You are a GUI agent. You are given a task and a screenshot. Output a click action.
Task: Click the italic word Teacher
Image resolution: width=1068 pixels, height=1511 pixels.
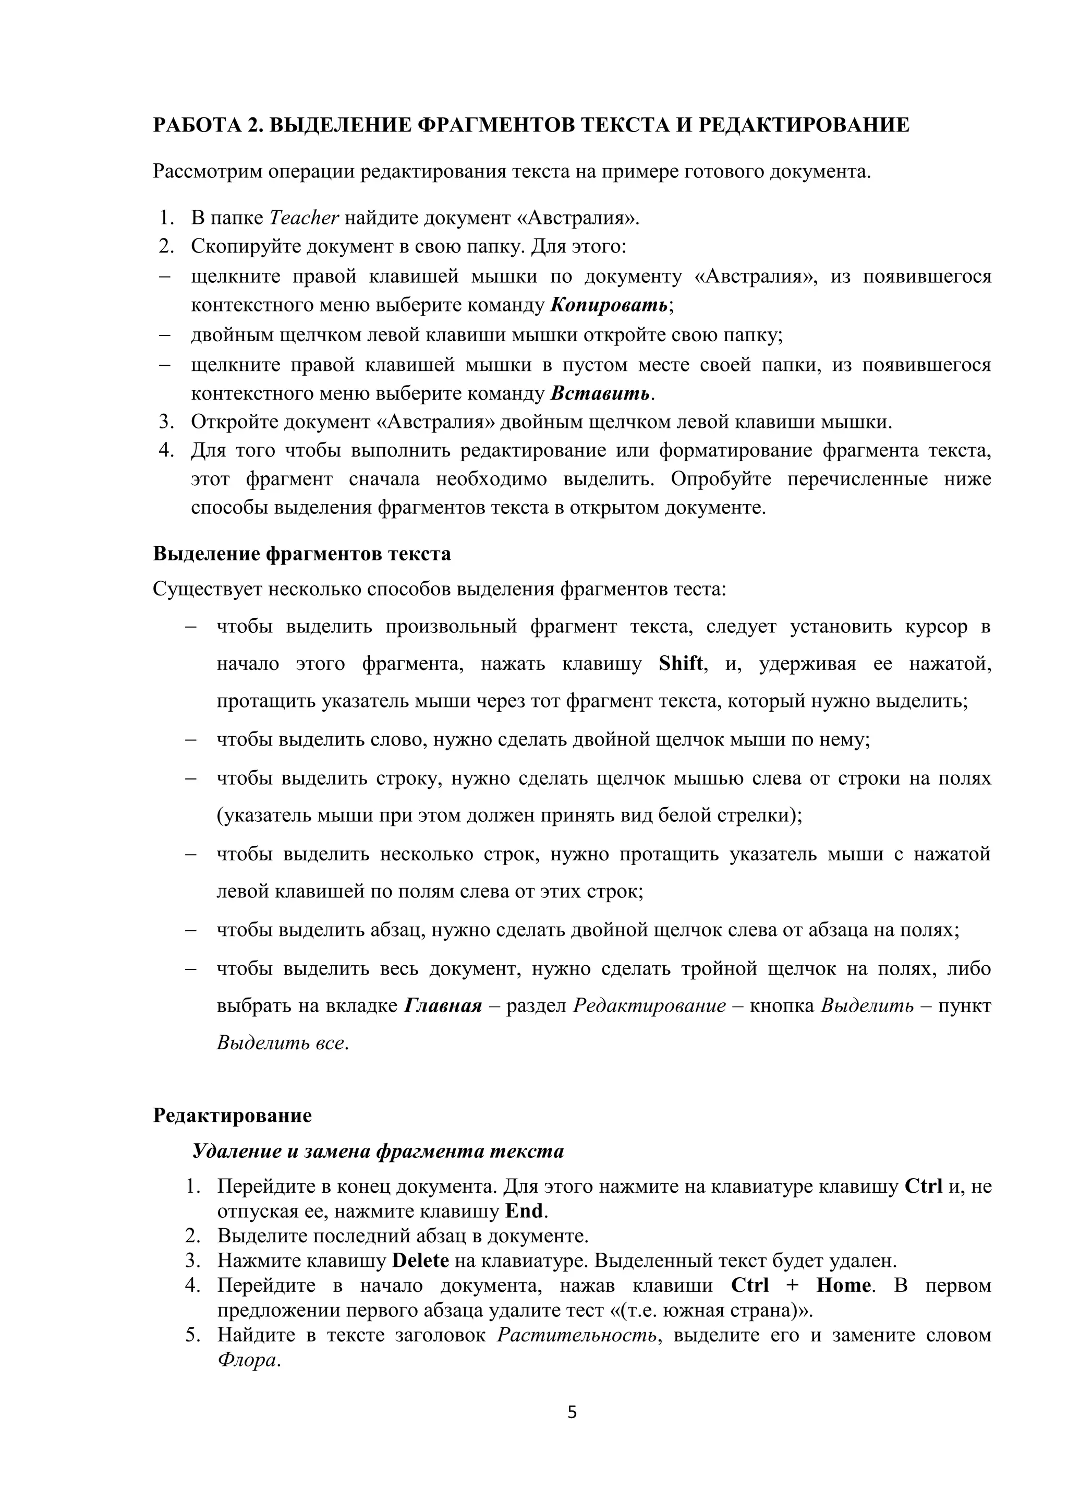304,218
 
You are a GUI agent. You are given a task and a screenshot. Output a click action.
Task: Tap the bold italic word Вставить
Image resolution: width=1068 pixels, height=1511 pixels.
600,393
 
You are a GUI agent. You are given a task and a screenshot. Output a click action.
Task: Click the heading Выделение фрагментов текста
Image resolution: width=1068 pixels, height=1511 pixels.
302,554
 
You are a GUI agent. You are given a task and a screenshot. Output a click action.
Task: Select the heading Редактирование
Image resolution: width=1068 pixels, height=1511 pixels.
232,1116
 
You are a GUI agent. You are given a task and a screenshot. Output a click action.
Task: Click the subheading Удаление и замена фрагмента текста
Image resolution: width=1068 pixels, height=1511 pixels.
378,1151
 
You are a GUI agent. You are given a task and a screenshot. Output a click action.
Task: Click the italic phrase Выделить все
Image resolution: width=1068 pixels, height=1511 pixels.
280,1043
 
